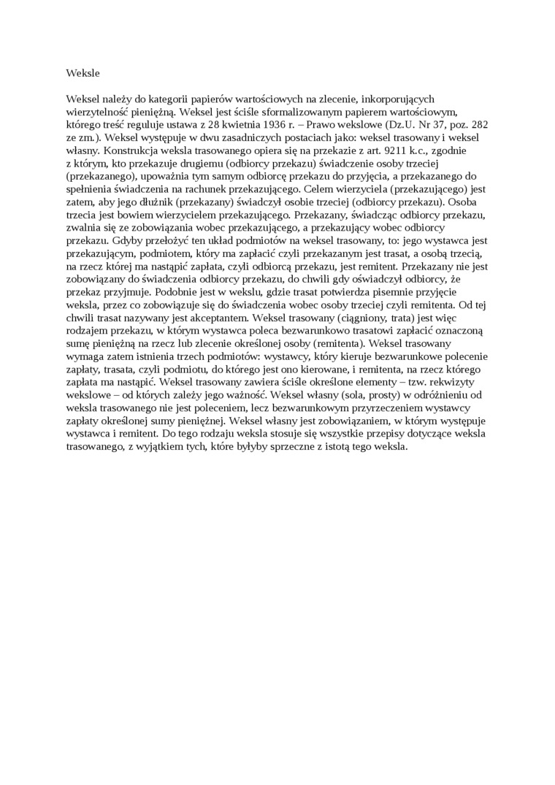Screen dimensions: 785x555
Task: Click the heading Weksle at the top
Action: (x=82, y=73)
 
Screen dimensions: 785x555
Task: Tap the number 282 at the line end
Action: (x=480, y=124)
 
